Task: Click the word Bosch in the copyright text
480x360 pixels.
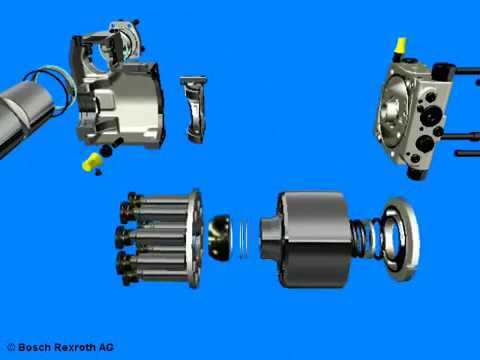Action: coord(34,347)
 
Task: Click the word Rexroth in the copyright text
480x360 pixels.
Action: coord(75,347)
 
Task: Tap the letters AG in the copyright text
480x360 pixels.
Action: coord(106,347)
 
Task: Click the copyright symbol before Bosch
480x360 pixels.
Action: coord(11,347)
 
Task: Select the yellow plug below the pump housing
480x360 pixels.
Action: coord(92,162)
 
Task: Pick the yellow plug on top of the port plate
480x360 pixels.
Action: coord(400,45)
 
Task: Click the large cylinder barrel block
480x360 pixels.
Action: coord(312,239)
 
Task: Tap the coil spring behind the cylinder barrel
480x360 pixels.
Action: coord(366,238)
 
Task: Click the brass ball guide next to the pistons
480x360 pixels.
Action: coord(220,237)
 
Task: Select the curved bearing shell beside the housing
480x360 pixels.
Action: coord(194,110)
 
